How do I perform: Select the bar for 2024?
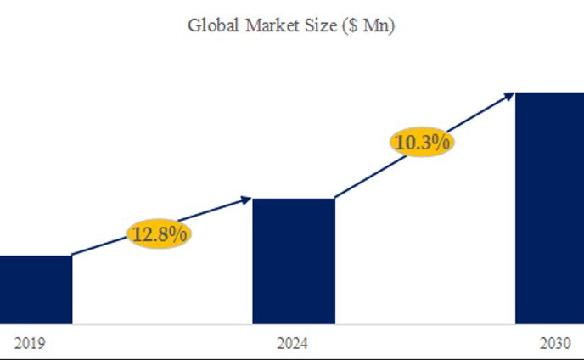point(294,261)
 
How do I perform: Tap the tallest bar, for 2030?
point(549,208)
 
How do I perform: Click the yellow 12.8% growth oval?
point(160,234)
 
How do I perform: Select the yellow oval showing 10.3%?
point(423,143)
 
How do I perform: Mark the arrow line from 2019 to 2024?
point(102,245)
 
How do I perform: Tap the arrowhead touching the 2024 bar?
point(246,200)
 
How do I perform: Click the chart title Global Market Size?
point(291,25)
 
